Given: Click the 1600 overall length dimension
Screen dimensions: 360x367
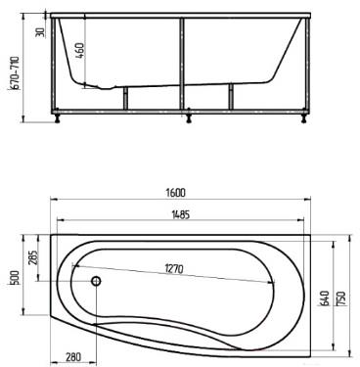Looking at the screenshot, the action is [177, 193].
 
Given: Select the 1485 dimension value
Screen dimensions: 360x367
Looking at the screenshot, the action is [180, 214].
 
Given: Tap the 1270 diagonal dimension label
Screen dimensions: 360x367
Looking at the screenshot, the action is [174, 269].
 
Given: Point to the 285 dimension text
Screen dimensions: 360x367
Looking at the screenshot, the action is [33, 257].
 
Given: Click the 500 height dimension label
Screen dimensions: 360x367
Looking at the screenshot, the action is [17, 278].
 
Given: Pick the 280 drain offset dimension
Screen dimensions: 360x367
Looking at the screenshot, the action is [73, 357].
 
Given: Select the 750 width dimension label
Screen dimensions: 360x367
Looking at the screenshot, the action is [341, 298].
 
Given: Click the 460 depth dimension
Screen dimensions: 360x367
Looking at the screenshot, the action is [80, 50].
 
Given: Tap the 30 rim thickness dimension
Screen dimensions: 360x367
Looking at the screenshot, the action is [41, 32].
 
